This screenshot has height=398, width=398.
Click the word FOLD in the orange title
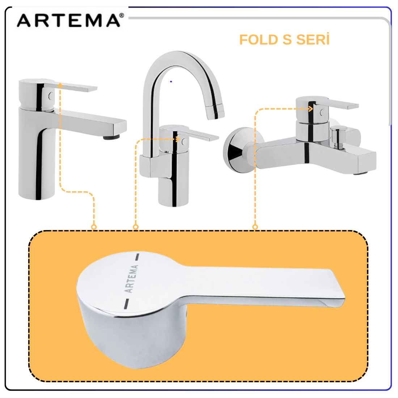pos(259,40)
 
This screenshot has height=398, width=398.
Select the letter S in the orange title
pos(287,40)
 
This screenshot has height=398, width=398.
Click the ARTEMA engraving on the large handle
pos(131,279)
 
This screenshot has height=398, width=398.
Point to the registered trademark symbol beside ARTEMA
pos(122,16)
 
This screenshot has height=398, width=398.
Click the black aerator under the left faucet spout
pos(111,137)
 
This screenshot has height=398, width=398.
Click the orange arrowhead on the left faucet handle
pos(60,85)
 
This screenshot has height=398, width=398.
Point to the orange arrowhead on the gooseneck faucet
pos(178,139)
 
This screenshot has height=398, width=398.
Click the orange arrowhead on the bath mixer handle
pos(310,109)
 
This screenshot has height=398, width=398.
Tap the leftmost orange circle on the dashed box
pos(94,227)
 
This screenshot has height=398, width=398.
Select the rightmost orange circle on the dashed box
pos(255,227)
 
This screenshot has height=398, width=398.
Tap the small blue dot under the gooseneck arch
pos(171,81)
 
